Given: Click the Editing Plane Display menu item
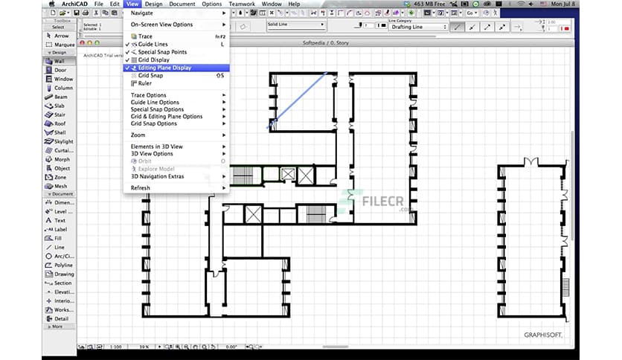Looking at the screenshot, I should (164, 68).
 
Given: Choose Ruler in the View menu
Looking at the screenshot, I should (145, 83).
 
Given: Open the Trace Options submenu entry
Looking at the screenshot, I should (149, 95).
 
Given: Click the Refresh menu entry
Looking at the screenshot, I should (141, 187).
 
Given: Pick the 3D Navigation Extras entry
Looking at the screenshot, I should (157, 176).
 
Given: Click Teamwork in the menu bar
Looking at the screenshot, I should (242, 4).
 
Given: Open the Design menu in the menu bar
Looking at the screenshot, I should (153, 4).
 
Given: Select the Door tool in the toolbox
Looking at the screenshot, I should (60, 70).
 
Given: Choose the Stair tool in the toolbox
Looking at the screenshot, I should (60, 115).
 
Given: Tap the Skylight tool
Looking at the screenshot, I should (64, 141).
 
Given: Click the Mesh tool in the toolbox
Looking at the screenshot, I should (60, 186).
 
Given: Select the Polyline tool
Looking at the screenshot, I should (64, 265).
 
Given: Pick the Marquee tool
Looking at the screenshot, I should (64, 43).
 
